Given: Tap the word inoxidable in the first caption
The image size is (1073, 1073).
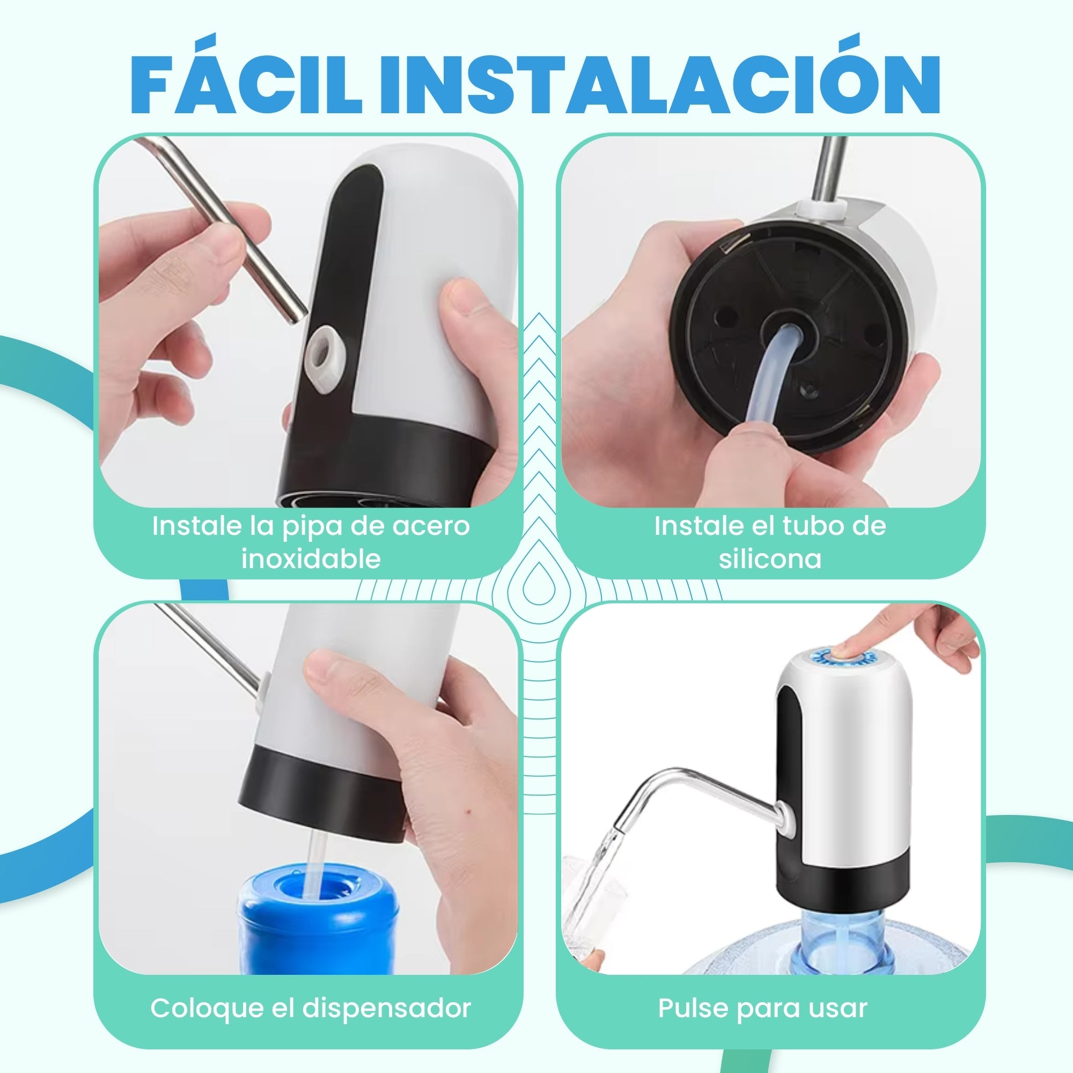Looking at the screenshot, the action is point(311,558).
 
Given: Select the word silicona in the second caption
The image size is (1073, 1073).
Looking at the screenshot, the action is point(770,558).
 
